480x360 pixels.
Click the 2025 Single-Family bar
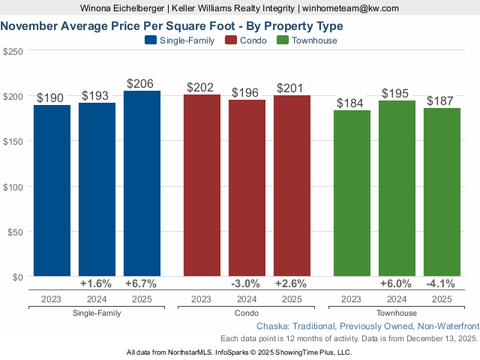[142, 184]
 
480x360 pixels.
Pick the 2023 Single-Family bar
[52, 190]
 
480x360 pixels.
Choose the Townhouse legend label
[314, 40]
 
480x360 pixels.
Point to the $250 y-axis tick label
[13, 51]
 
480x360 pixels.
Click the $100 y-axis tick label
[13, 186]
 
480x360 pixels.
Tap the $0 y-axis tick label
[18, 277]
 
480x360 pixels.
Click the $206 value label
[142, 84]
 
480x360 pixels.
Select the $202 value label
[202, 88]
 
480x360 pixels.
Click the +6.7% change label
[142, 284]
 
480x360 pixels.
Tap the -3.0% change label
[247, 284]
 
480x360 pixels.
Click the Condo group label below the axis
[247, 313]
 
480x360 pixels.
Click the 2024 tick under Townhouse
[397, 299]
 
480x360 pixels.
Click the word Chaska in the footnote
[272, 327]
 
